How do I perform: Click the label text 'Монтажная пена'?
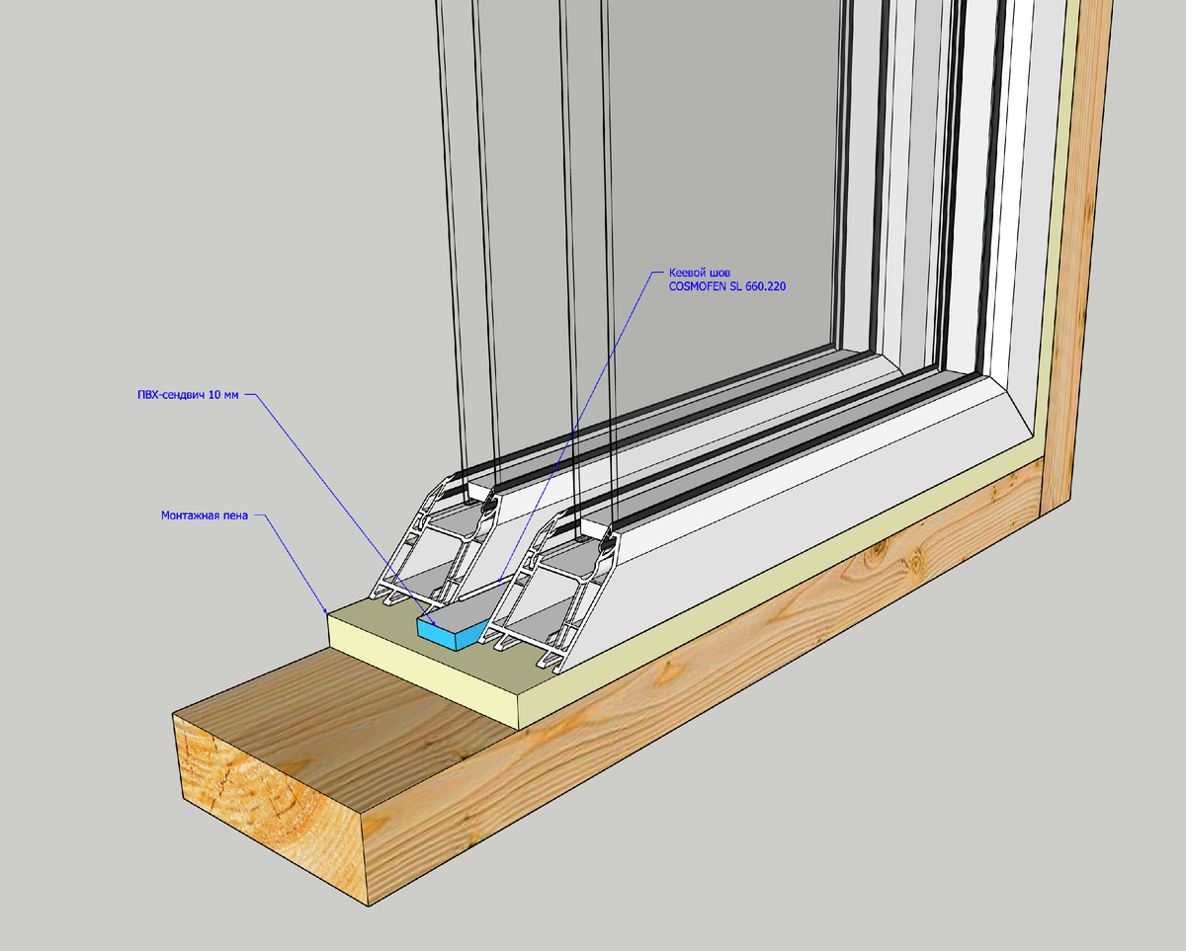click(203, 515)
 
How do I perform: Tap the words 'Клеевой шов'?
click(699, 272)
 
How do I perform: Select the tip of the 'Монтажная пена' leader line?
click(327, 612)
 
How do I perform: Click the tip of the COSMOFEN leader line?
click(498, 581)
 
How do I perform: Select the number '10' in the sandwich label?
click(214, 395)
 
